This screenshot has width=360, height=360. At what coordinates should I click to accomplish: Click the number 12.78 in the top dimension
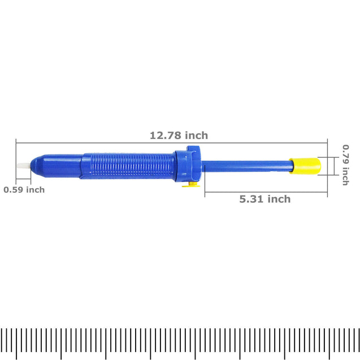point(164,136)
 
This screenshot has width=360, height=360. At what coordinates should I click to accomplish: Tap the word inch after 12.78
point(196,136)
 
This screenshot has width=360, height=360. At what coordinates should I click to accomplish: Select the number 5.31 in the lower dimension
point(250,199)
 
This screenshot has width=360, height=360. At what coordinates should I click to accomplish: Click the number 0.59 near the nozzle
point(14,190)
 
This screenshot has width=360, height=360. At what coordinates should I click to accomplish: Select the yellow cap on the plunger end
point(305,166)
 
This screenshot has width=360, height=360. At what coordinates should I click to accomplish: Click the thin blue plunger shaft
point(246,166)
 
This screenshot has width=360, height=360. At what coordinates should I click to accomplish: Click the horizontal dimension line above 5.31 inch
point(266,192)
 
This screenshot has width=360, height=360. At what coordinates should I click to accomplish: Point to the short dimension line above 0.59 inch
point(23,181)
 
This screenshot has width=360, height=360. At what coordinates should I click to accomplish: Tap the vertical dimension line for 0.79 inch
point(326,166)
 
